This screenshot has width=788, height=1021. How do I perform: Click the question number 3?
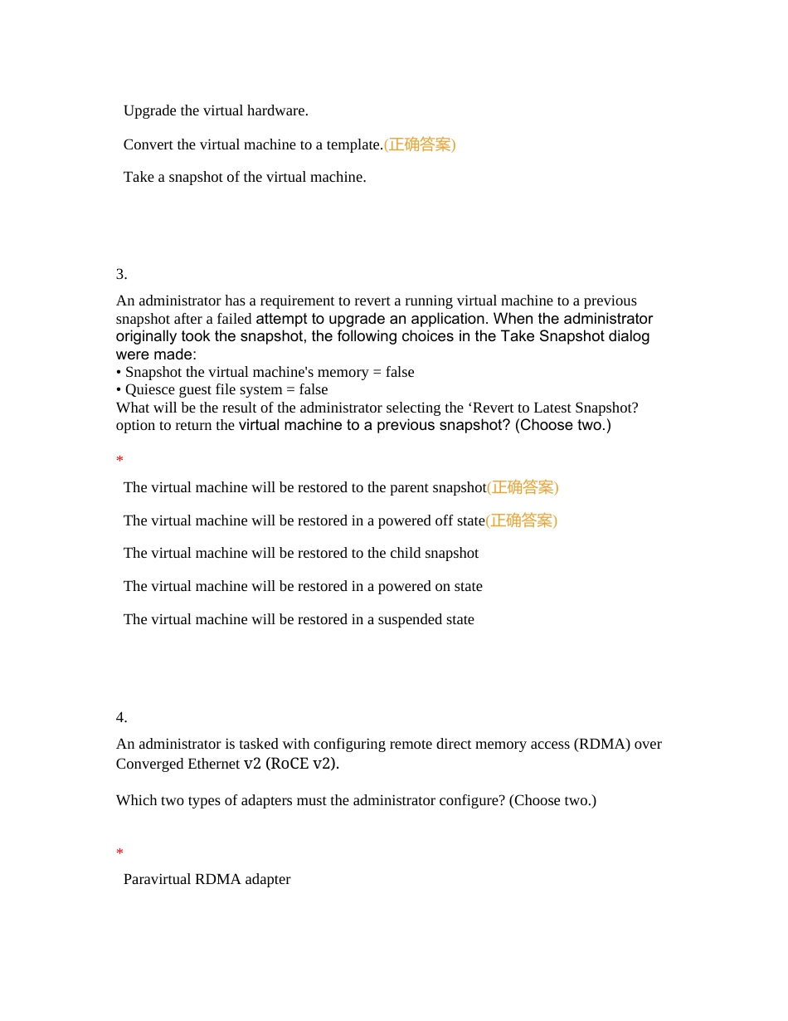tap(121, 274)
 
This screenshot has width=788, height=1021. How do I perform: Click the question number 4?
tap(121, 717)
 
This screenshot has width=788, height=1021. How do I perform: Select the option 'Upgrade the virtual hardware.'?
tap(216, 110)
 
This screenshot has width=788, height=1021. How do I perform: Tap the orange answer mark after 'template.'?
tap(420, 144)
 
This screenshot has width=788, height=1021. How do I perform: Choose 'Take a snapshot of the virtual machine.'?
tap(245, 177)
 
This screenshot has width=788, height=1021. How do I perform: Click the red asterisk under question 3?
tap(119, 460)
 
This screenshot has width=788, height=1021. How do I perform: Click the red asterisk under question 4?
tap(119, 852)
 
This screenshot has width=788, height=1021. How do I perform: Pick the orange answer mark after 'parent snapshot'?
tap(523, 487)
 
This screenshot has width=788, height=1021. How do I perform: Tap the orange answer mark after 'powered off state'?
tap(521, 520)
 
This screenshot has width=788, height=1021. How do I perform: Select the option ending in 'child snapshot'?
tap(301, 553)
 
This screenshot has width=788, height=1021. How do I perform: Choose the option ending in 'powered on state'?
tap(303, 586)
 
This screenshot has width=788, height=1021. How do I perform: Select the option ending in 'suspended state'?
tap(299, 619)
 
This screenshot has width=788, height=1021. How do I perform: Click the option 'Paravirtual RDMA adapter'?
tap(207, 879)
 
